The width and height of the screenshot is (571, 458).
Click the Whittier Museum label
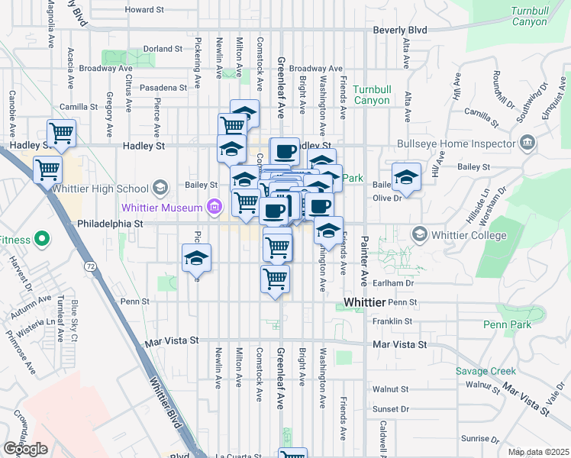(160, 208)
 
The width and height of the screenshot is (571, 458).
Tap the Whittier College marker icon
(419, 234)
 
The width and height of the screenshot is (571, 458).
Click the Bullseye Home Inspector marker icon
(527, 144)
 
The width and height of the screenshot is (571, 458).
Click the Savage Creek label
(486, 371)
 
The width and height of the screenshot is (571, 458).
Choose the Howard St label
(145, 10)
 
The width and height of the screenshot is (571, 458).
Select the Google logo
(25, 449)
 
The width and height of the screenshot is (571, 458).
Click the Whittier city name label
(365, 302)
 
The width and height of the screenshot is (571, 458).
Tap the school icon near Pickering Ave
(196, 258)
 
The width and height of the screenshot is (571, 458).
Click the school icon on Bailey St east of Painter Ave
(407, 177)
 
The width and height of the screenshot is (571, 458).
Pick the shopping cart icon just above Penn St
(275, 277)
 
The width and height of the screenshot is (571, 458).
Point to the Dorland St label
(163, 48)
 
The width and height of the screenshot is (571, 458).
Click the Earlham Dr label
(399, 283)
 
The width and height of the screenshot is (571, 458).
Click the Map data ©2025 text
(538, 452)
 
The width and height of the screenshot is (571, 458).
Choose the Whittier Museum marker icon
(214, 207)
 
